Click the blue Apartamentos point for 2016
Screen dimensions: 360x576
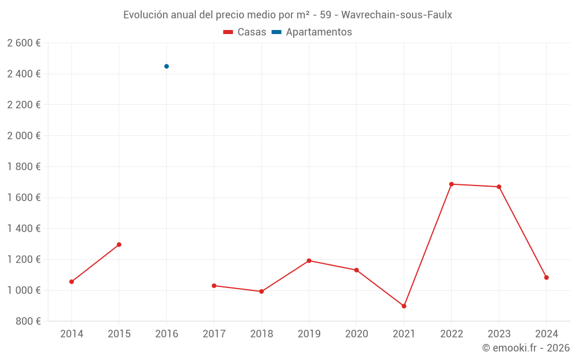pyautogui.click(x=166, y=66)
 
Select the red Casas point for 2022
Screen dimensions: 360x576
pyautogui.click(x=452, y=184)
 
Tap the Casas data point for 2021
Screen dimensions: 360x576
pyautogui.click(x=404, y=306)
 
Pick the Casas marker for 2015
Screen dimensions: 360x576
pyautogui.click(x=119, y=245)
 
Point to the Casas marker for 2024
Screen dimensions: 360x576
pyautogui.click(x=546, y=278)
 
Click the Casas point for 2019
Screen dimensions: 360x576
pyautogui.click(x=309, y=261)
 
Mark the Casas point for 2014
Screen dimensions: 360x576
pyautogui.click(x=71, y=282)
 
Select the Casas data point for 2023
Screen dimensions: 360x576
pyautogui.click(x=499, y=187)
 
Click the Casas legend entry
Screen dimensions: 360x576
pyautogui.click(x=245, y=32)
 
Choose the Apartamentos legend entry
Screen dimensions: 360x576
pyautogui.click(x=312, y=32)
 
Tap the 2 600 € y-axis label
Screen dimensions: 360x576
pyautogui.click(x=24, y=43)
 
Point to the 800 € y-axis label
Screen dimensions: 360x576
pyautogui.click(x=27, y=321)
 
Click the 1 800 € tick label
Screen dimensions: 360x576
pyautogui.click(x=24, y=166)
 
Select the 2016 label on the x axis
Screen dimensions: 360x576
pyautogui.click(x=166, y=334)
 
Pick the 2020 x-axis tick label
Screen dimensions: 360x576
pyautogui.click(x=357, y=334)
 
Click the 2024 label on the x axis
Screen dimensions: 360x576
pyautogui.click(x=546, y=334)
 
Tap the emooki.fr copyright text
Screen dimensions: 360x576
pyautogui.click(x=526, y=348)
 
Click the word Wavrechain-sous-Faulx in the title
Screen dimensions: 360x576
pyautogui.click(x=397, y=15)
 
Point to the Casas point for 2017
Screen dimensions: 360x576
pyautogui.click(x=214, y=286)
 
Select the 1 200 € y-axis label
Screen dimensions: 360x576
pyautogui.click(x=24, y=259)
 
